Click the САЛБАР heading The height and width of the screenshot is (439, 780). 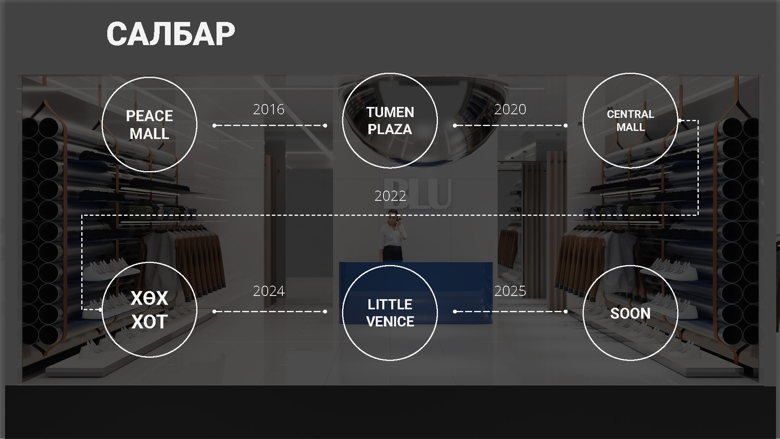coord(171,34)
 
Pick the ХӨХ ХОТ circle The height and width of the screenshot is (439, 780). coord(149,262)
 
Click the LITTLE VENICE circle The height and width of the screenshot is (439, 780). coord(390,265)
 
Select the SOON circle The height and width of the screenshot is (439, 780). coord(630,265)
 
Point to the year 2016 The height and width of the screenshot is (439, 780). coord(269,109)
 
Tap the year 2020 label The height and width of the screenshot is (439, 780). coord(510,109)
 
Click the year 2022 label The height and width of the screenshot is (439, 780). coord(390,196)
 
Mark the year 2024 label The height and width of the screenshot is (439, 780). coord(269,291)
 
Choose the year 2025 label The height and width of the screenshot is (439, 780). coord(510,291)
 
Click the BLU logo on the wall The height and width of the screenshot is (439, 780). coord(417,193)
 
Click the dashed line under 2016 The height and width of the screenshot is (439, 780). coord(270,126)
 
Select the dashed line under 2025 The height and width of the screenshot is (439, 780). coord(510,311)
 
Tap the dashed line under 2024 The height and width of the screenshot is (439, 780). coord(270,311)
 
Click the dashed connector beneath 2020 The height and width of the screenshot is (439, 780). coord(510,126)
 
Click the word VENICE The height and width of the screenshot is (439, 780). coord(390,322)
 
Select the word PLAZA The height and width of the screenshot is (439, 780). coord(390,129)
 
